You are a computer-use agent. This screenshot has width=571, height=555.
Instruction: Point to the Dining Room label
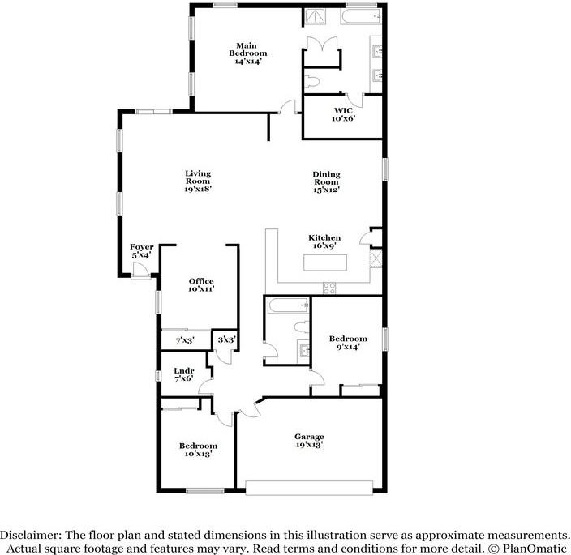(327, 181)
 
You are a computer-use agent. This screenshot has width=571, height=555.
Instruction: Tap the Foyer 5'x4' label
(142, 250)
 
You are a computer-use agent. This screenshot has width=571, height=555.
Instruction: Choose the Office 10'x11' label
(202, 284)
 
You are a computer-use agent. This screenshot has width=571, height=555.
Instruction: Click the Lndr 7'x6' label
(183, 374)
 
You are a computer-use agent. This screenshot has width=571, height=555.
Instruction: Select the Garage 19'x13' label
(309, 440)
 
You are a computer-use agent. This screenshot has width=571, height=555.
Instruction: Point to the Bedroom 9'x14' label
(348, 343)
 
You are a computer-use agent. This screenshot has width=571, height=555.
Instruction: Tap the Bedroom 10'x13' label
(198, 450)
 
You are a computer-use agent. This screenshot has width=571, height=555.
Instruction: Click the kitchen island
(324, 263)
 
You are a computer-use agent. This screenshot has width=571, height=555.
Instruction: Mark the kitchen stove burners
(329, 287)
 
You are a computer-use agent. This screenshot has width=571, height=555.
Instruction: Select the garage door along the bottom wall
(309, 488)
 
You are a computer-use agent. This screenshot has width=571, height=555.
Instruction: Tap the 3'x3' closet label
(226, 340)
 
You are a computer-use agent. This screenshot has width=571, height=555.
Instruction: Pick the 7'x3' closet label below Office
(186, 341)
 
